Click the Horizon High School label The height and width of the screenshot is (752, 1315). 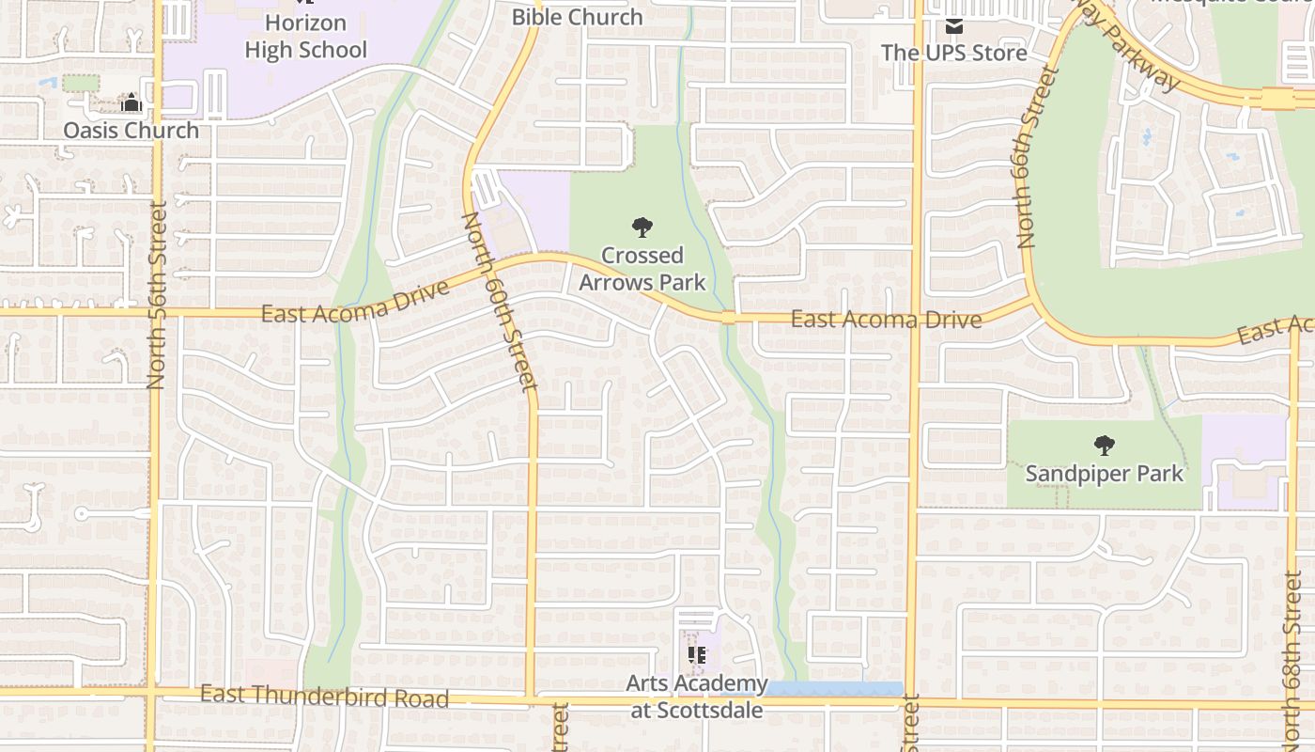305,36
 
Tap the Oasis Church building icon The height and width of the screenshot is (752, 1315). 131,102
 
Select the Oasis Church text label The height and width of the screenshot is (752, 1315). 131,130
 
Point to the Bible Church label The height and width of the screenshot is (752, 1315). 577,17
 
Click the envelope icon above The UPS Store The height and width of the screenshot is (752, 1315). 954,25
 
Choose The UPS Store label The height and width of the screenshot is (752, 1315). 953,53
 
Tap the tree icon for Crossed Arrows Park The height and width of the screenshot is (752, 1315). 642,227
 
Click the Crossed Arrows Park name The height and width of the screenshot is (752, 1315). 642,268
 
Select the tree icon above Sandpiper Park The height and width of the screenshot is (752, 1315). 1105,445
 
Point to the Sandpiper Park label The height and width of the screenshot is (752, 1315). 1105,473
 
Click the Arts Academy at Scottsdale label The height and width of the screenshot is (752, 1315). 697,696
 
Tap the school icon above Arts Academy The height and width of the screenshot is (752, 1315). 697,655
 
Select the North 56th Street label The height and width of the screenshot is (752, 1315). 156,294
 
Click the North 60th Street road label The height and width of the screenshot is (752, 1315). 500,301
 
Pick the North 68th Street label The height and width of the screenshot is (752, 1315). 1295,649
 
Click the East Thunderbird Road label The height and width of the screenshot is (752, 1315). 324,697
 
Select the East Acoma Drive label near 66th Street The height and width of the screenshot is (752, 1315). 886,320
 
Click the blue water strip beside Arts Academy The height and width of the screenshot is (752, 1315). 834,689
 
